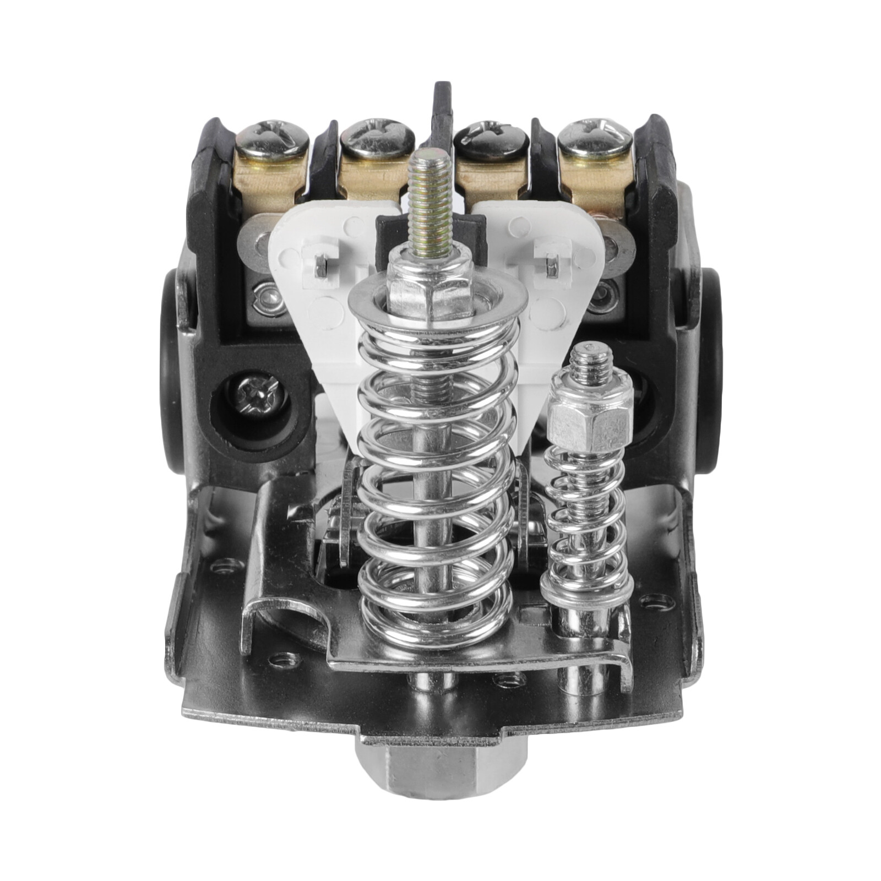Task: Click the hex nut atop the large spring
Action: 429,292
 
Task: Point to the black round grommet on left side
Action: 175,374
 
